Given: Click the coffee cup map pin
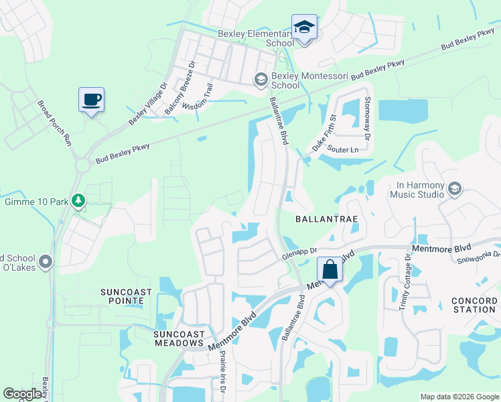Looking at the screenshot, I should tap(91, 100).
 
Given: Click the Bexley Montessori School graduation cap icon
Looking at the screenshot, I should tap(261, 80).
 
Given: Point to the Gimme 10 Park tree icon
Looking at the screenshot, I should tap(79, 201).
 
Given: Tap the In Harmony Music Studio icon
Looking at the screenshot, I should tap(455, 189).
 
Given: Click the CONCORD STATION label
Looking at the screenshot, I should tap(474, 305).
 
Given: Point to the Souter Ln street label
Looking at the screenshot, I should tap(345, 149).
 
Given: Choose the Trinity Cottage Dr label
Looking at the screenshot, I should tap(404, 282).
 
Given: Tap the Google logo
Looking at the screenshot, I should tap(23, 394).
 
